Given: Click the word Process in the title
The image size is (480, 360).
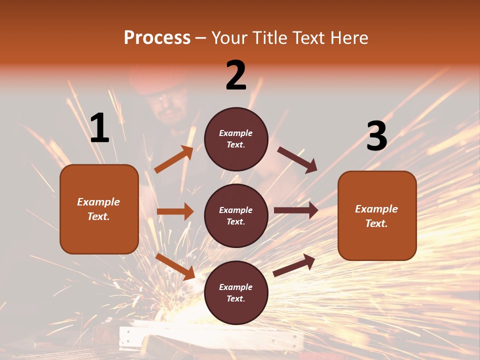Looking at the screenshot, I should pos(157,38).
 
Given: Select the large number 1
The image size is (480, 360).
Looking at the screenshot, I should pos(99,128).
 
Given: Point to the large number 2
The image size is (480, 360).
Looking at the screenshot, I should pos(236,75).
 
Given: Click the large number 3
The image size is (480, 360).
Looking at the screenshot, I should pos(376,136).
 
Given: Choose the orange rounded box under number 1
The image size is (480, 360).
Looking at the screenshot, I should pos(99,209).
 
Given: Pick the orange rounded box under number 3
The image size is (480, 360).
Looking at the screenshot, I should pos(377,215).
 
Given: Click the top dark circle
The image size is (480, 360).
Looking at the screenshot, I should pos(236,139).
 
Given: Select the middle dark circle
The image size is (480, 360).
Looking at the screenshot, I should pos(236,215).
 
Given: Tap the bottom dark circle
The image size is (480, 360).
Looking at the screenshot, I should pos(236,292).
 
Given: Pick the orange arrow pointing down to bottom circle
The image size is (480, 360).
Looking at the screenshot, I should pos(175,266).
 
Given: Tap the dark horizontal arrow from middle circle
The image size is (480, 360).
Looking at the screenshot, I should pos(296,210).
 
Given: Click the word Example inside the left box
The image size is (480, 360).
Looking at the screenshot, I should pos(98,202).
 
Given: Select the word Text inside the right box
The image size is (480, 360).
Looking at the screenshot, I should pos(376,223).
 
